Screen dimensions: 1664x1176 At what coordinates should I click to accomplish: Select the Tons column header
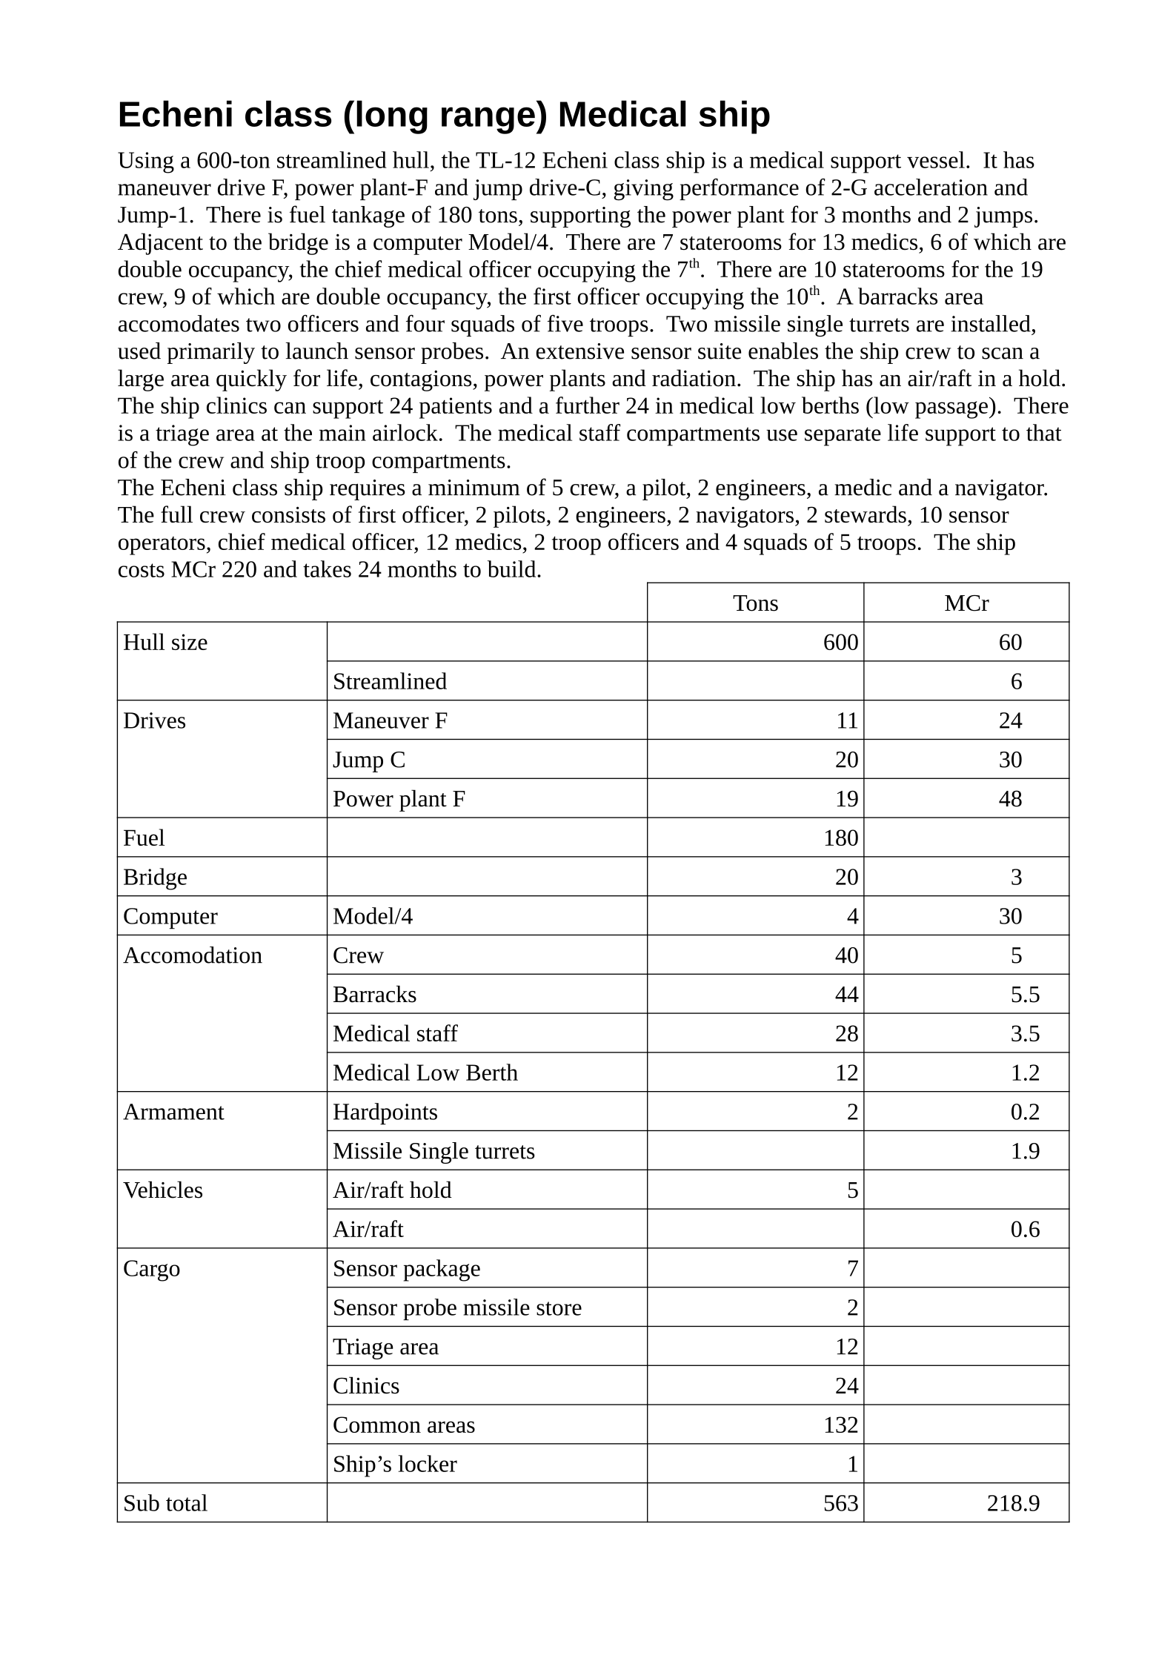point(755,603)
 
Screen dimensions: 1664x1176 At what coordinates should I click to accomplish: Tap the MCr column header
point(966,603)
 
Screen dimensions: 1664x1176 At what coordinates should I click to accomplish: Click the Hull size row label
point(165,643)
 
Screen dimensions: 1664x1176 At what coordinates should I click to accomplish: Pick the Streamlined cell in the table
point(390,682)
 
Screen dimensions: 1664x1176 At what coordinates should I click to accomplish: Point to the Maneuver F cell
point(390,721)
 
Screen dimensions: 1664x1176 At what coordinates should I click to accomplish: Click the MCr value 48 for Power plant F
point(1009,799)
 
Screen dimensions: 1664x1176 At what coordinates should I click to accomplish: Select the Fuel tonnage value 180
point(840,838)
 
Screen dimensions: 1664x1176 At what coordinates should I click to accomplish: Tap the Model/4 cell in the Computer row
point(373,917)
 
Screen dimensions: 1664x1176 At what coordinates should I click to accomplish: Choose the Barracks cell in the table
point(374,995)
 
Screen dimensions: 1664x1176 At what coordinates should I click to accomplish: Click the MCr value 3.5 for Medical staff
point(1025,1034)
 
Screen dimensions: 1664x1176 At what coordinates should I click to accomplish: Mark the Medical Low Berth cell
point(425,1073)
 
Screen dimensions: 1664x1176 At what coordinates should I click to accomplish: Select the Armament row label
point(173,1113)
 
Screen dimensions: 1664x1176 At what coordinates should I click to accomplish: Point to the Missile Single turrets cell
point(433,1152)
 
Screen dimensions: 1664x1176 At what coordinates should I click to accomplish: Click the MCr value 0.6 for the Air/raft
point(1025,1230)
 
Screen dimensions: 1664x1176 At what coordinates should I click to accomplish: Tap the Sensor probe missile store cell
point(457,1308)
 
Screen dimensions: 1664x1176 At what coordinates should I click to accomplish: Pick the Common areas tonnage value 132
point(840,1425)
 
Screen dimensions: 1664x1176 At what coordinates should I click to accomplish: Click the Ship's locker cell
point(394,1465)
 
